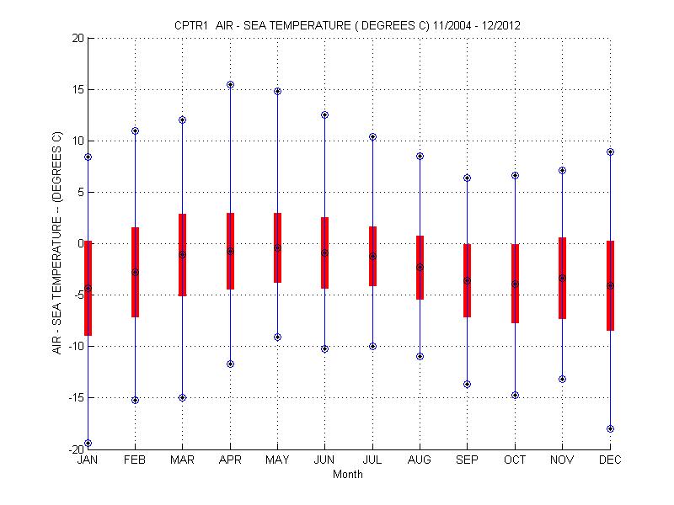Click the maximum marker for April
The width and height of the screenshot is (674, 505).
[230, 84]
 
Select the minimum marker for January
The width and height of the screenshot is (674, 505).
[88, 443]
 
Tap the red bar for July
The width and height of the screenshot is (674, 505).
[372, 256]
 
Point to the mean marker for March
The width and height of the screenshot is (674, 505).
[182, 254]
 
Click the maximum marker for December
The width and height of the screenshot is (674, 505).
[610, 152]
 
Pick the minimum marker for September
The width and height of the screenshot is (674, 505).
[468, 384]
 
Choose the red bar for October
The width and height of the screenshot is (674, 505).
[515, 283]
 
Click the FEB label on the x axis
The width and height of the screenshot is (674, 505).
[135, 460]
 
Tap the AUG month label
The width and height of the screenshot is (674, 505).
[420, 460]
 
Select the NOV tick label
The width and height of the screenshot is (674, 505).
[562, 460]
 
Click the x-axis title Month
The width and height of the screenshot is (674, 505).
[348, 475]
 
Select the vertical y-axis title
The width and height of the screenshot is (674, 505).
[57, 243]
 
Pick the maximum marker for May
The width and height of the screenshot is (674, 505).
[277, 91]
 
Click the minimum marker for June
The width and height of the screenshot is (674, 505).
[324, 348]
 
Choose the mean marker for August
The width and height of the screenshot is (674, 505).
[420, 267]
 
